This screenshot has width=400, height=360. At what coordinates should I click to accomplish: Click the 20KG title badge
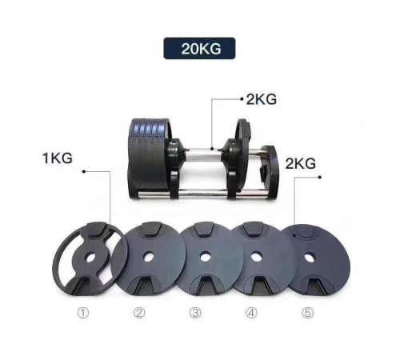coord(199,48)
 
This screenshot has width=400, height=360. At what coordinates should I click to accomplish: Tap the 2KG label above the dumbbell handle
coord(262,99)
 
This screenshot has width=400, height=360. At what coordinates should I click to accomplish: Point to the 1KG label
coord(58,158)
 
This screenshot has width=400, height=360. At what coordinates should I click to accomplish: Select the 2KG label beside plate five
coord(301,163)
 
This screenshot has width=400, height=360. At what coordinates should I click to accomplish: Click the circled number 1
coord(83,313)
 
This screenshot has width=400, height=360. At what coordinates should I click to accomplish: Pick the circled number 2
coord(139,313)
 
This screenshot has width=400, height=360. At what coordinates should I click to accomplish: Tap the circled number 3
coord(195,313)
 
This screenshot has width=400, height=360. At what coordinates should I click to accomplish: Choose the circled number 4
coord(251,313)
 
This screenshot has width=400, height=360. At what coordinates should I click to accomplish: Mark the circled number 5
coord(308,313)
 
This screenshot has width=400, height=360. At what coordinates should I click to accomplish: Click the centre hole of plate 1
coord(90,258)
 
